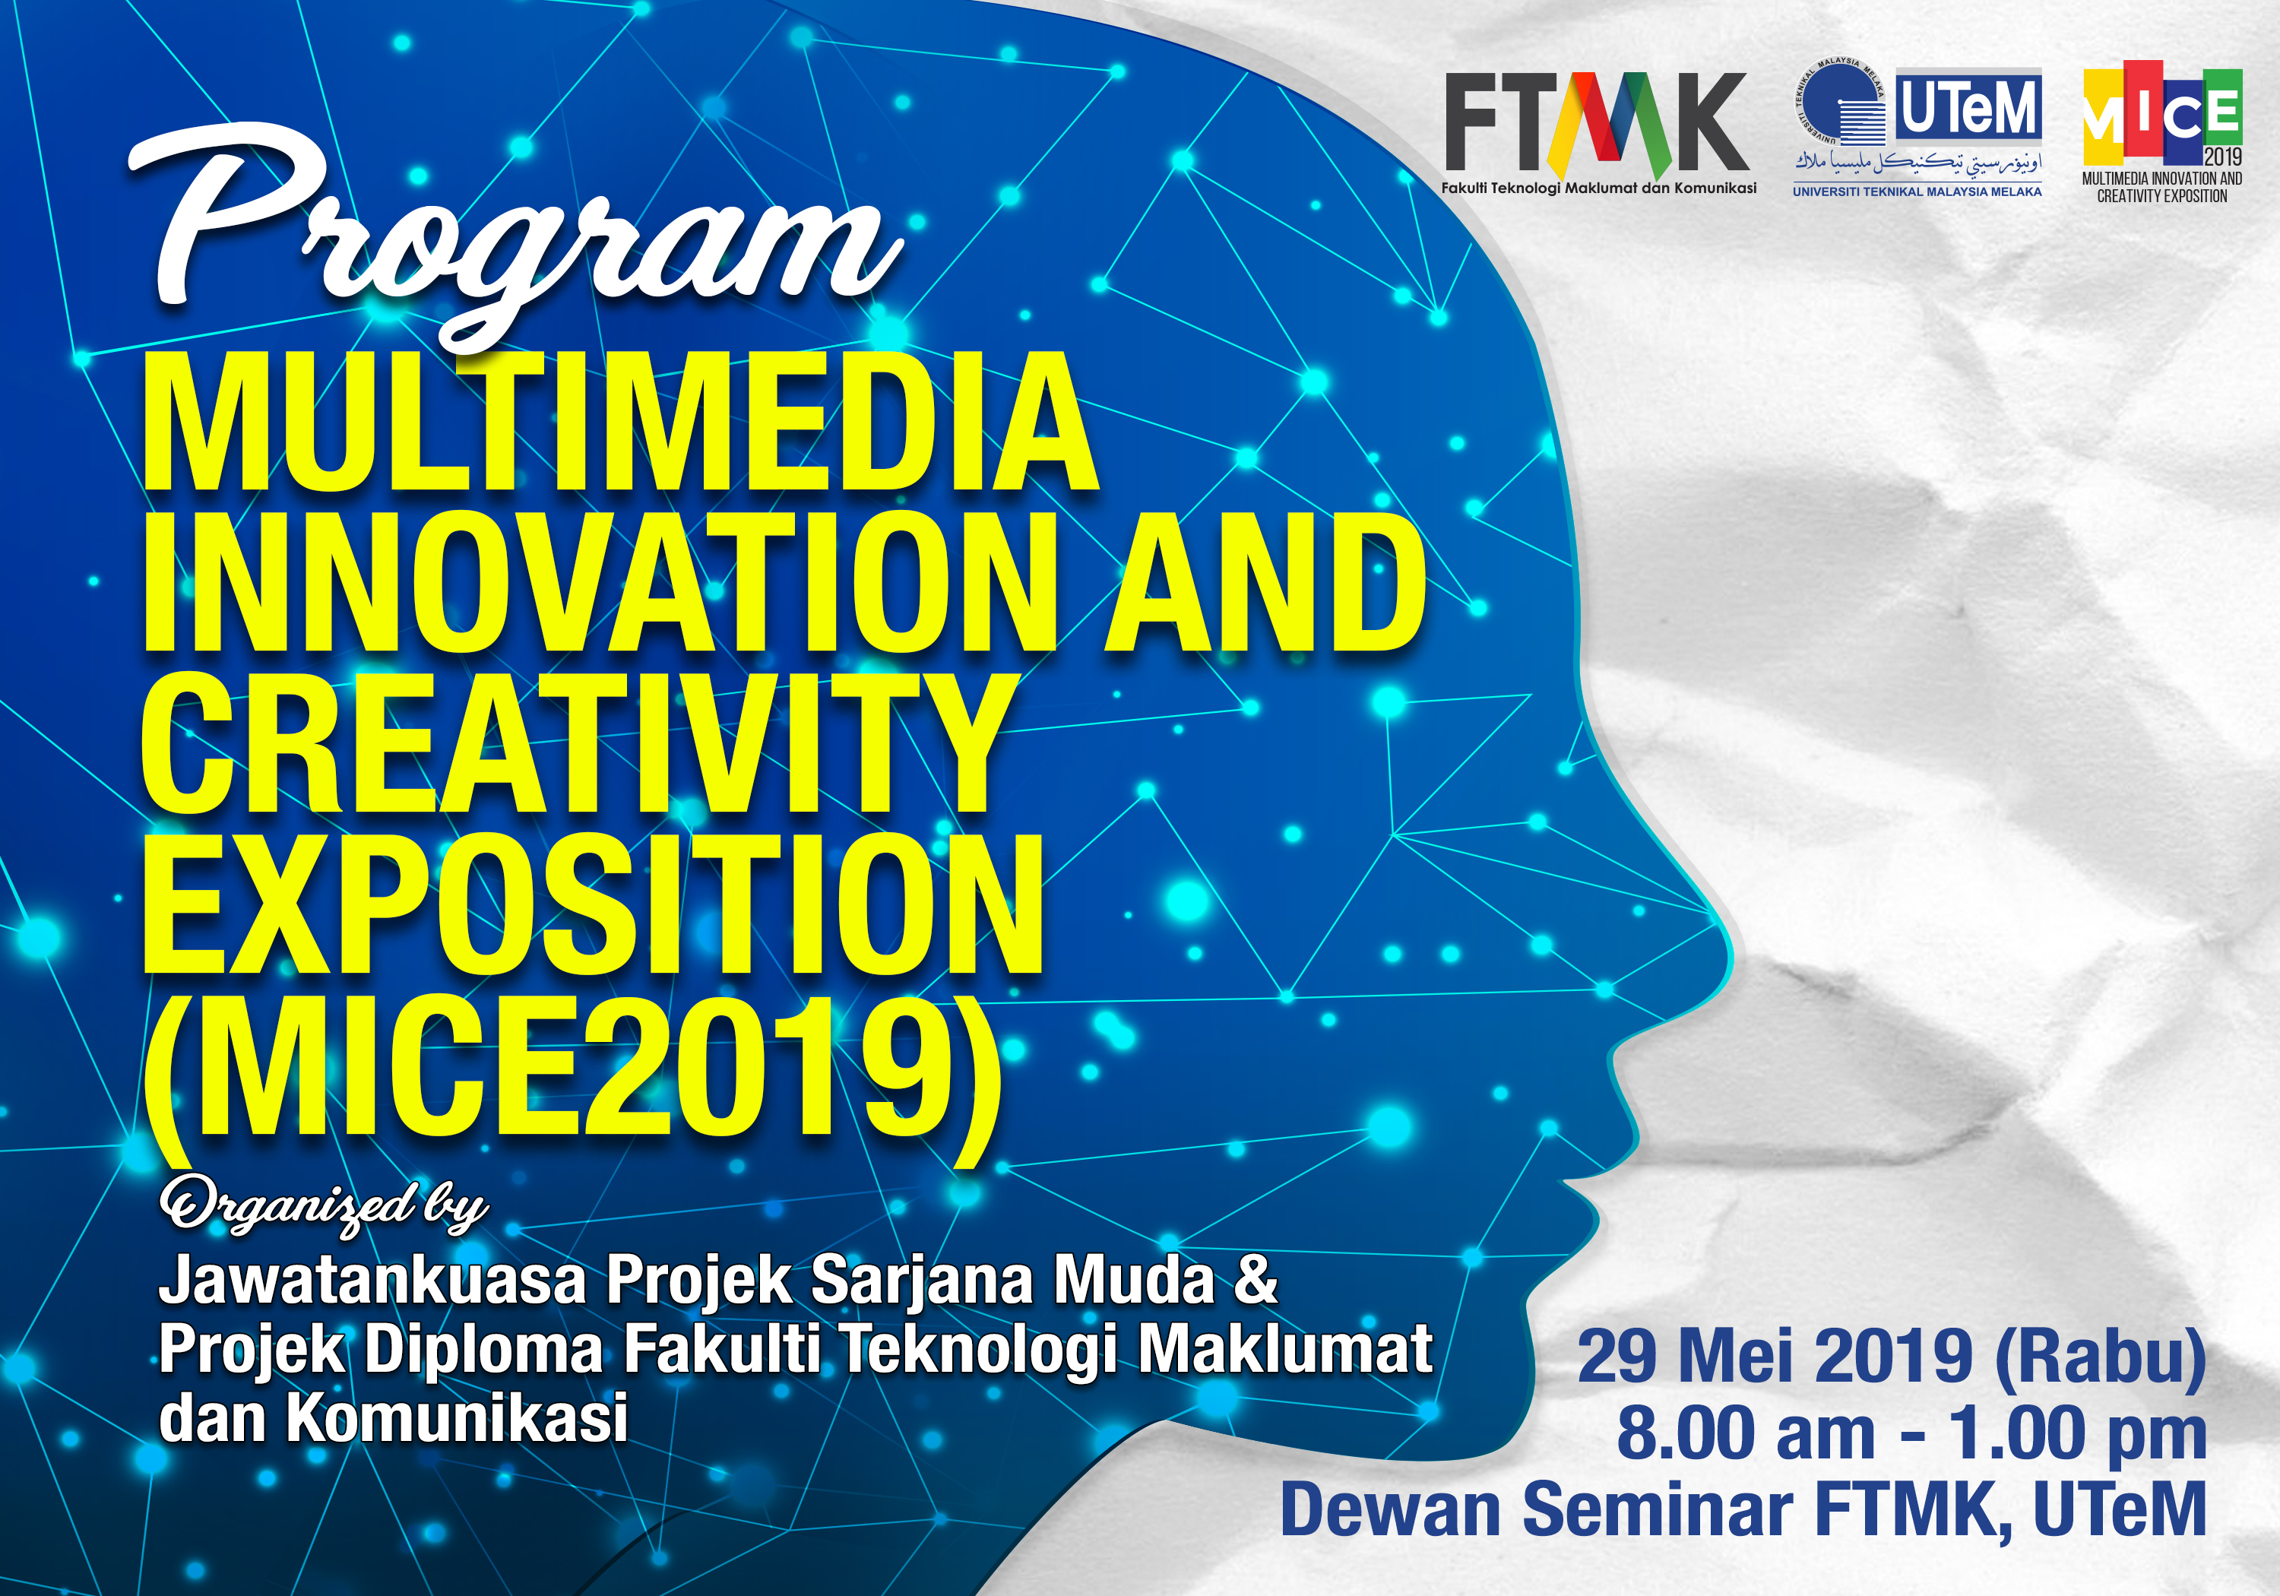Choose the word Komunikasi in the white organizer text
(457, 1417)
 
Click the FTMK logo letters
(1596, 124)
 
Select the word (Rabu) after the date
(2099, 1357)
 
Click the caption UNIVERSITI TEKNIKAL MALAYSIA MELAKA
(1917, 192)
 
